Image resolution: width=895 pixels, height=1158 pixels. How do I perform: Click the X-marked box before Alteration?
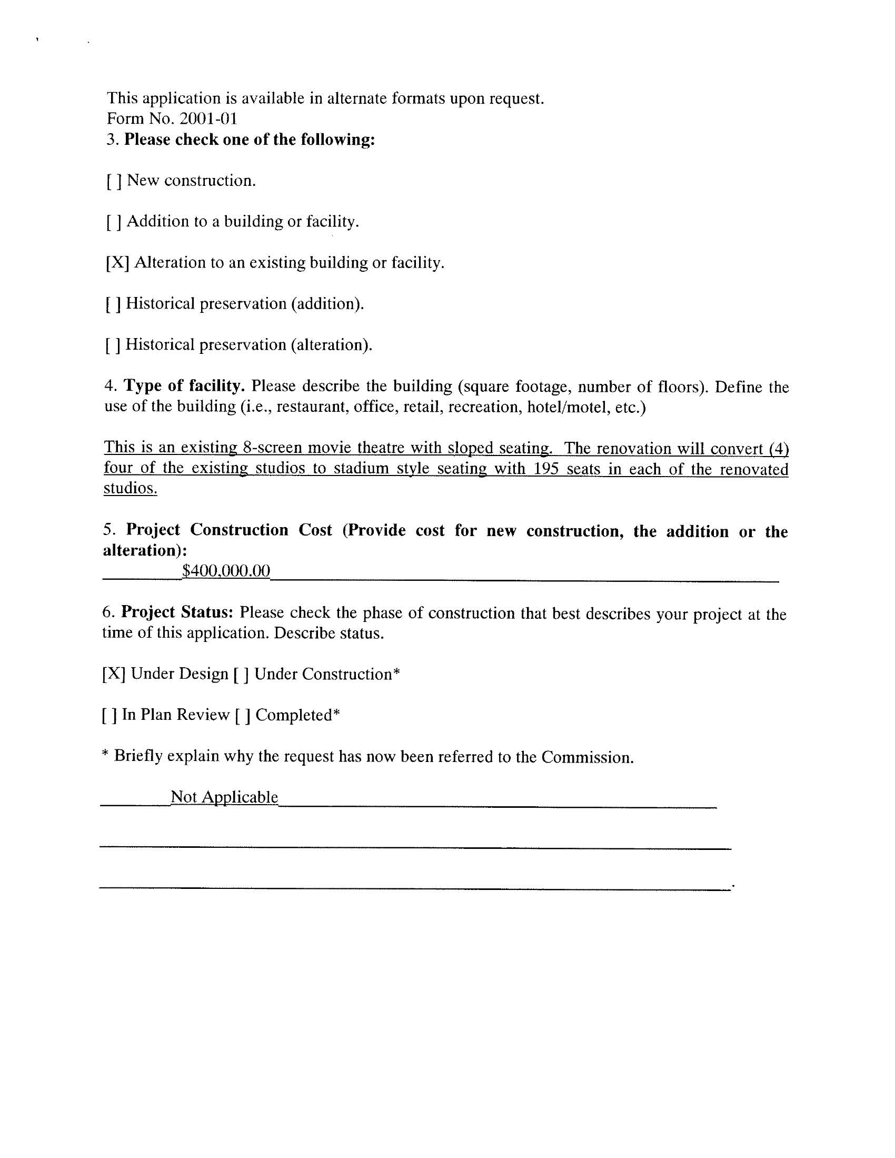click(x=118, y=263)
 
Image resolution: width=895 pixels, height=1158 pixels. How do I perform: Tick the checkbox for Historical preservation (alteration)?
click(x=113, y=345)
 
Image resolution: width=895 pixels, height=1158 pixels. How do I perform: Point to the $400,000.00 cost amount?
click(x=226, y=571)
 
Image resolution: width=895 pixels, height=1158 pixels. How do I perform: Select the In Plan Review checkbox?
click(x=109, y=716)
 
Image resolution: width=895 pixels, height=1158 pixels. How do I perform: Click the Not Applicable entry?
click(x=224, y=797)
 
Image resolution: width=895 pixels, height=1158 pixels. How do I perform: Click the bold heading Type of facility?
click(x=184, y=386)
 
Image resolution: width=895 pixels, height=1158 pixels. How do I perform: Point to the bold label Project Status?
click(x=177, y=612)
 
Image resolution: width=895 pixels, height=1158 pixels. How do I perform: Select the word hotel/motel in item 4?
click(x=569, y=407)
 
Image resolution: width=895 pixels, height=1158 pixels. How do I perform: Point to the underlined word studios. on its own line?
click(x=131, y=488)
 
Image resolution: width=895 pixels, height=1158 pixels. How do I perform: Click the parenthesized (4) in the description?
click(x=778, y=449)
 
